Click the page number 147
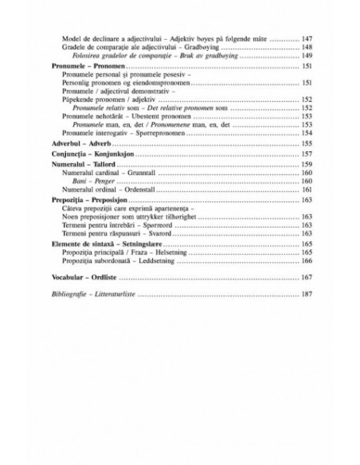click(305, 37)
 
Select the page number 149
click(305, 57)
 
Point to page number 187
click(305, 294)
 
